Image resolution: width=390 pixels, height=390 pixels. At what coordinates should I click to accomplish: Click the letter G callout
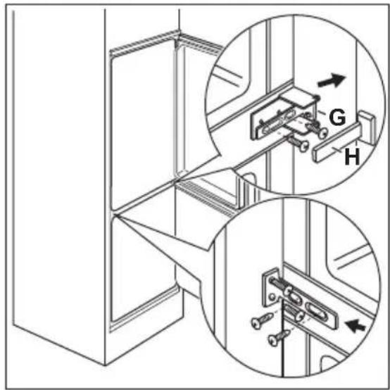click(337, 117)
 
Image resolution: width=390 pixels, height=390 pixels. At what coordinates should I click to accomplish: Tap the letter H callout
click(352, 156)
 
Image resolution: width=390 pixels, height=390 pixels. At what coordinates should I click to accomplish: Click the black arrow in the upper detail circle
click(332, 81)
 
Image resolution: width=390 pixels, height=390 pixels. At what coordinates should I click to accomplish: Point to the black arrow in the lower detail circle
click(356, 326)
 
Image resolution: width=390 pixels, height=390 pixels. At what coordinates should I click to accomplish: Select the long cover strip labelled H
click(336, 142)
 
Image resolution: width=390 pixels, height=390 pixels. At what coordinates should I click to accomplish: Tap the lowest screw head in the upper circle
click(304, 146)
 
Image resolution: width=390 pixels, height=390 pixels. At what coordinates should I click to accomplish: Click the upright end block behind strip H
click(367, 127)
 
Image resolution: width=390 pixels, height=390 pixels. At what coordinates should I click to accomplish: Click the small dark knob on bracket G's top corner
click(316, 97)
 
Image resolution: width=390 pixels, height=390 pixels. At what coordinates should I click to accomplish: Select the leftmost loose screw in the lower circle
click(262, 321)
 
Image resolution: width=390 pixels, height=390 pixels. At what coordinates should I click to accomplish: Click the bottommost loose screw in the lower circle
click(278, 339)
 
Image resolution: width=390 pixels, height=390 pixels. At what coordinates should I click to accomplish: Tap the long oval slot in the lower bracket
click(317, 312)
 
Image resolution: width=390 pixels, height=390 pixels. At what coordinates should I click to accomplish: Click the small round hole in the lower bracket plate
click(272, 296)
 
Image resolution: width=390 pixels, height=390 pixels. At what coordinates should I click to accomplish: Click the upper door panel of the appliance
click(143, 125)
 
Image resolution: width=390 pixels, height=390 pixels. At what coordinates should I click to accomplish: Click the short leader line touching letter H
click(339, 151)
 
